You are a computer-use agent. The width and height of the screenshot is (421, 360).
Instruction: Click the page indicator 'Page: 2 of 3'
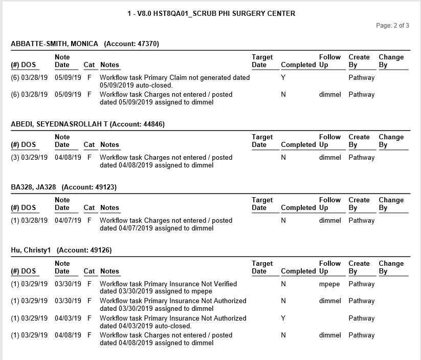coord(392,26)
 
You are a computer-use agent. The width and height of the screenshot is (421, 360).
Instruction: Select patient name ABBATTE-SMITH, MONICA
coord(54,44)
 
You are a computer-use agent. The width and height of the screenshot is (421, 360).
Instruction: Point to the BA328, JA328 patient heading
coord(33,187)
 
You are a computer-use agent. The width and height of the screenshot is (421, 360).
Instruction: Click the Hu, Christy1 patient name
coord(32,250)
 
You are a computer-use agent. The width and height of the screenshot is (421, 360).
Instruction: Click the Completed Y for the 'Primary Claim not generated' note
coord(283,78)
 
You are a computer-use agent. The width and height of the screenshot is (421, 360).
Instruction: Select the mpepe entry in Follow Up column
coord(329,284)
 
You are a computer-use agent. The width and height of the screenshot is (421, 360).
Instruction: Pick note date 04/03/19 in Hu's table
coord(68,318)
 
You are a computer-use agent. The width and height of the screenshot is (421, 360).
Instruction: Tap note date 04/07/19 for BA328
coord(68,221)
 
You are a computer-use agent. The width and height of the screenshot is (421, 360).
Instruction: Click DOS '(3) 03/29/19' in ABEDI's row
coord(29,158)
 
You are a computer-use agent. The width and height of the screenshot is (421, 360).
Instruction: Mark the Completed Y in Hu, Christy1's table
coord(283,318)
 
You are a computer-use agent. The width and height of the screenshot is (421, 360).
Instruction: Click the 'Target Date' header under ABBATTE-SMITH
coord(262,61)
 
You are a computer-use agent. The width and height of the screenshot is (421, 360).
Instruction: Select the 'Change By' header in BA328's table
coord(391,204)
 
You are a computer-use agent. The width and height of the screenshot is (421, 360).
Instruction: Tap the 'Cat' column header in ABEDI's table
coord(89,145)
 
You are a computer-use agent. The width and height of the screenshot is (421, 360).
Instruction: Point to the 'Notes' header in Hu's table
coord(109,271)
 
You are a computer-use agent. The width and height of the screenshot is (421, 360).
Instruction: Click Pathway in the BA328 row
coord(361,221)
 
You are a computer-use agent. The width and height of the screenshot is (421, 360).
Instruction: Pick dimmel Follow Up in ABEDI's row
coord(330,158)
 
